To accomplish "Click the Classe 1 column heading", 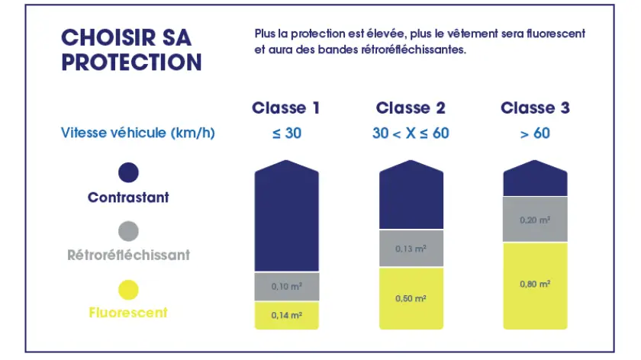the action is tap(285, 108).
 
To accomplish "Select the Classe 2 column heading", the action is tap(411, 108).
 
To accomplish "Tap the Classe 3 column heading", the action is tap(535, 108).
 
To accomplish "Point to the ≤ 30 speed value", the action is tap(287, 133).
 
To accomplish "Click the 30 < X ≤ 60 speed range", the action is tap(411, 133).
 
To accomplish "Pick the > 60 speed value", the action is tap(535, 133).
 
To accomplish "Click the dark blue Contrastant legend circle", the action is tap(128, 172).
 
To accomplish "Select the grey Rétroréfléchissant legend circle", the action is tap(128, 231).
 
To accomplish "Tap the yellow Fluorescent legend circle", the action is tap(128, 290).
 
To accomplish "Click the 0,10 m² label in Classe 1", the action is tap(287, 287).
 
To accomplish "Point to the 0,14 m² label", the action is tap(287, 316).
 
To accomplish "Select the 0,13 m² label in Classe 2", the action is tap(411, 249).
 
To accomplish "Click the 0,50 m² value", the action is tap(411, 298).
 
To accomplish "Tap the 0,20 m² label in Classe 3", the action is tap(535, 220).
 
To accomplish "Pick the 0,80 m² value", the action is tap(535, 284).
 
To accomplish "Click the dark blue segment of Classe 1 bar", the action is tap(287, 217).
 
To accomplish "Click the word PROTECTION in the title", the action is tap(131, 62).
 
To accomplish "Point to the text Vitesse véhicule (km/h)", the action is tap(138, 133).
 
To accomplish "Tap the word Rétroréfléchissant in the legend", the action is tap(128, 255).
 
